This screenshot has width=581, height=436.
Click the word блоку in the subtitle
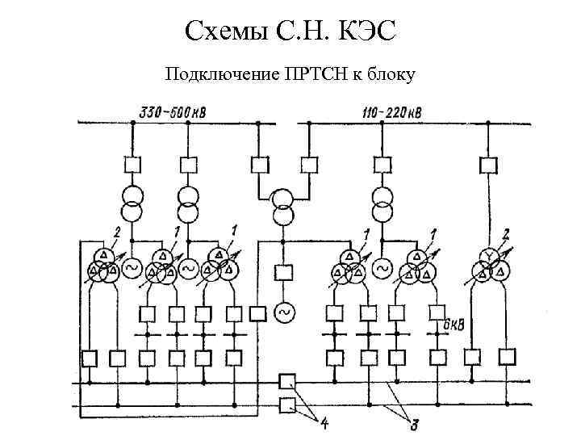point(391,75)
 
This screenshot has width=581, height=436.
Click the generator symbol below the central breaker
point(283,311)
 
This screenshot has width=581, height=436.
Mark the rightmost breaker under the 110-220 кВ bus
point(488,166)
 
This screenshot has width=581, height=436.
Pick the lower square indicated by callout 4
point(286,405)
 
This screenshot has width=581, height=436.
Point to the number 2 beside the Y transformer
point(506,234)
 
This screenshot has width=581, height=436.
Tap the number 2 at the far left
point(117,233)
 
